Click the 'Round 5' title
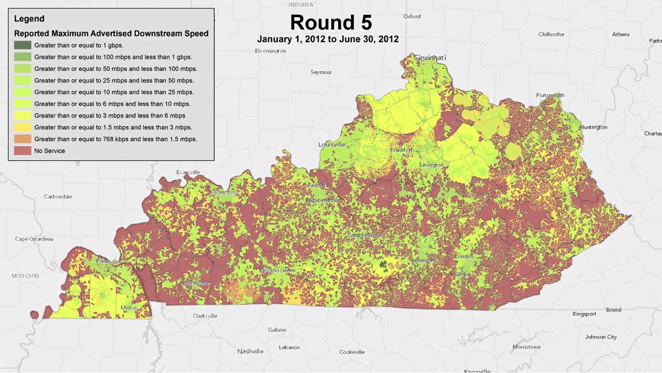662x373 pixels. point(330,23)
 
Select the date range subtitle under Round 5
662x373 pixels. point(328,39)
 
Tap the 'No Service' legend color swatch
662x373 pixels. point(23,151)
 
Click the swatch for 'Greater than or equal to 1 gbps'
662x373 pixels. point(23,45)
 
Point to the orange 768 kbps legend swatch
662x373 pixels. point(23,139)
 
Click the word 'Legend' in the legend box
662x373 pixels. point(29,19)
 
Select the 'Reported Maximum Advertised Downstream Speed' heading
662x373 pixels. point(111,33)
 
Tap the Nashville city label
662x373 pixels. point(250,351)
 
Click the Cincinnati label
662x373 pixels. point(430,58)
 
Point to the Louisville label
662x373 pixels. point(332,145)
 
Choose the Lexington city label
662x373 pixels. point(431,165)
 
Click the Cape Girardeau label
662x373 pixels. point(34,239)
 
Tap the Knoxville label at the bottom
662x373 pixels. point(476,370)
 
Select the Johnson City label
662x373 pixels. point(600,337)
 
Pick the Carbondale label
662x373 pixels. point(58,197)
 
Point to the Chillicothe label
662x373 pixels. point(551,34)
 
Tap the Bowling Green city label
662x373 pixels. point(277,270)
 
